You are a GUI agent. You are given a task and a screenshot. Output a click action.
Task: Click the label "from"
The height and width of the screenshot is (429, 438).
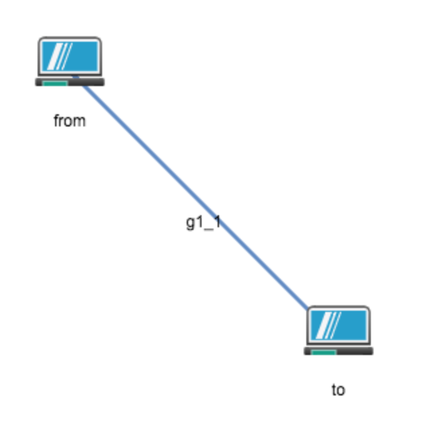(x=70, y=122)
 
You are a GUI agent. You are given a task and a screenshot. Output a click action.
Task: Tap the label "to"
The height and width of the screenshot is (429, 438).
(x=339, y=390)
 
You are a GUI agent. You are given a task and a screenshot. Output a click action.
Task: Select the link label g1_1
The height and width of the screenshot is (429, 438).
(x=203, y=223)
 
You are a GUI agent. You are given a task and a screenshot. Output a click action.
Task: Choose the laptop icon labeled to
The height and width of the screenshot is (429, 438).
(x=339, y=330)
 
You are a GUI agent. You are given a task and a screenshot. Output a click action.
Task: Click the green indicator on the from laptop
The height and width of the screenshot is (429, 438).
(x=55, y=83)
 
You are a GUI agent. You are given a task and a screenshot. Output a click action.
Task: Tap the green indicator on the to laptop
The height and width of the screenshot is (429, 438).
(x=324, y=351)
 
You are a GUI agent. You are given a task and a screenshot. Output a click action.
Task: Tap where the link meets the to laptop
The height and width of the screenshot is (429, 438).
(x=310, y=310)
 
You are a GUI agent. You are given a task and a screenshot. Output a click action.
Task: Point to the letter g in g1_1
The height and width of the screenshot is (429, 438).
(x=190, y=225)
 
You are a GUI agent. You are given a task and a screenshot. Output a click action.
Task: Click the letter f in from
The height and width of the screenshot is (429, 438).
(x=56, y=121)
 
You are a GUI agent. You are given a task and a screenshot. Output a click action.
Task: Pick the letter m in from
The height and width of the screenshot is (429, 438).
(x=81, y=122)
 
